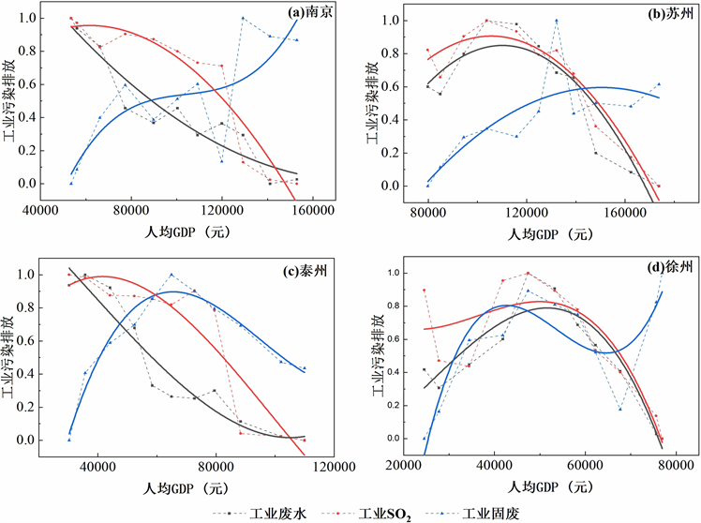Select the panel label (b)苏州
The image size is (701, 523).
point(660,16)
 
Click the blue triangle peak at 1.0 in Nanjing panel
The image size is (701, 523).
point(243,18)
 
